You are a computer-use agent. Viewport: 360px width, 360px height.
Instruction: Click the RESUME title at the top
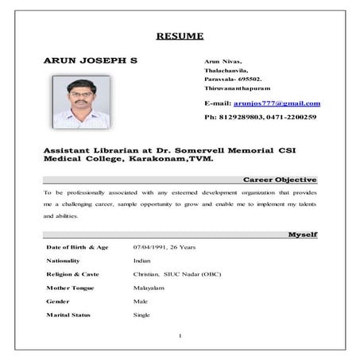(180, 36)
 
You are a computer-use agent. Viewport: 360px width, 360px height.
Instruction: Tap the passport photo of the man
(80, 102)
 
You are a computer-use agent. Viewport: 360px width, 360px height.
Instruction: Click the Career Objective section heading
(280, 180)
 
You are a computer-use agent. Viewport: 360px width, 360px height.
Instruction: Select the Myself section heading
(302, 234)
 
